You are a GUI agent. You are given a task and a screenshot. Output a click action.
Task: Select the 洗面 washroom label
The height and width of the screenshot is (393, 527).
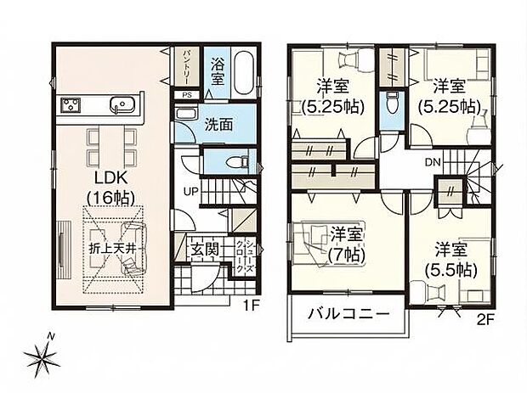click(218, 124)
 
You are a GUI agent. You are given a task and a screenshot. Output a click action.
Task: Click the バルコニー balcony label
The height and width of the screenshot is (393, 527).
click(348, 313)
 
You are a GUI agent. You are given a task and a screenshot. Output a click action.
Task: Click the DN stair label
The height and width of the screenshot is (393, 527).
click(432, 161)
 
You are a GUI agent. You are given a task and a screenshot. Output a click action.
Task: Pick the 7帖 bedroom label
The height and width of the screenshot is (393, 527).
click(342, 241)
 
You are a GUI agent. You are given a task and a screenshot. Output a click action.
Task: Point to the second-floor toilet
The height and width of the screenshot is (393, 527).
click(390, 105)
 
